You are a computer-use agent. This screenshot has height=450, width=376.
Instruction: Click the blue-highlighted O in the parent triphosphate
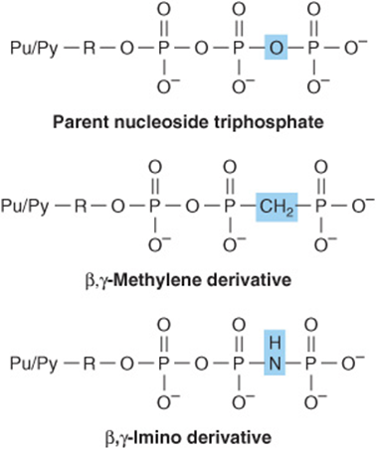(x=276, y=47)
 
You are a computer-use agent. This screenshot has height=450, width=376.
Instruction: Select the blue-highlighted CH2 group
(x=277, y=207)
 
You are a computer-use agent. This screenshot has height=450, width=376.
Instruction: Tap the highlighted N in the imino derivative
(x=275, y=364)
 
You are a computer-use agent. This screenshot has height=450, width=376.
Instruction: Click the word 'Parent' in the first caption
(x=81, y=123)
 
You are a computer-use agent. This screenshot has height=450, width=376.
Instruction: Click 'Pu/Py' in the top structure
(x=34, y=49)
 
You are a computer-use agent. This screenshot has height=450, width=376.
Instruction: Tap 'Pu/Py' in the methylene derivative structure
(x=25, y=207)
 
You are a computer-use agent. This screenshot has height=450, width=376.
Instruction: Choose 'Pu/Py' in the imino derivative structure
(x=34, y=365)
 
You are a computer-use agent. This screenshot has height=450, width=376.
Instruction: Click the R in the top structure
(x=89, y=48)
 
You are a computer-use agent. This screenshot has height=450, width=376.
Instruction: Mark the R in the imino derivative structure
(x=89, y=364)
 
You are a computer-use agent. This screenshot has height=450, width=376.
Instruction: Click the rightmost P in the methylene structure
(x=320, y=206)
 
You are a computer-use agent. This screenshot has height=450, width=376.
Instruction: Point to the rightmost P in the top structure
(x=313, y=48)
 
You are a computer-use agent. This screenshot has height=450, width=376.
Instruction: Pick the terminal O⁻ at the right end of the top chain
(x=355, y=47)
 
